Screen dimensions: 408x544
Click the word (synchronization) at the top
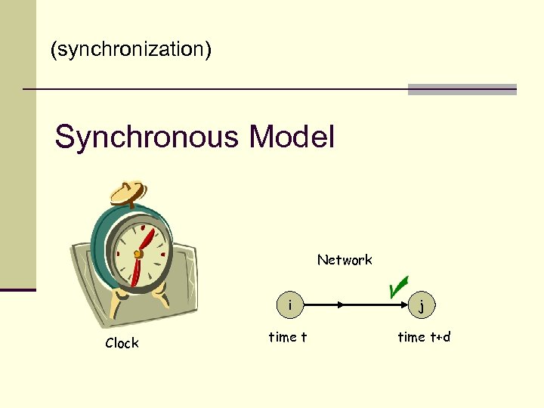coord(131,51)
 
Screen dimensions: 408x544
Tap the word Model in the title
coord(291,138)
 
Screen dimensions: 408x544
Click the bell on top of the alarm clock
coord(128,191)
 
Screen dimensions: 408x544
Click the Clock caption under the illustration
coord(122,343)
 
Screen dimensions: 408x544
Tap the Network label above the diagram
coord(345,260)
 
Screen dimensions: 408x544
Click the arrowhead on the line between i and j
coord(342,305)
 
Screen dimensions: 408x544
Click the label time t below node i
coord(288,337)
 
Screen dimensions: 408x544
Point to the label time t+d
coord(424,337)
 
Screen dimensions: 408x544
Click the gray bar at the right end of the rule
coord(462,89)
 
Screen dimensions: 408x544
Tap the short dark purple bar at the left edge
coord(17,289)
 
